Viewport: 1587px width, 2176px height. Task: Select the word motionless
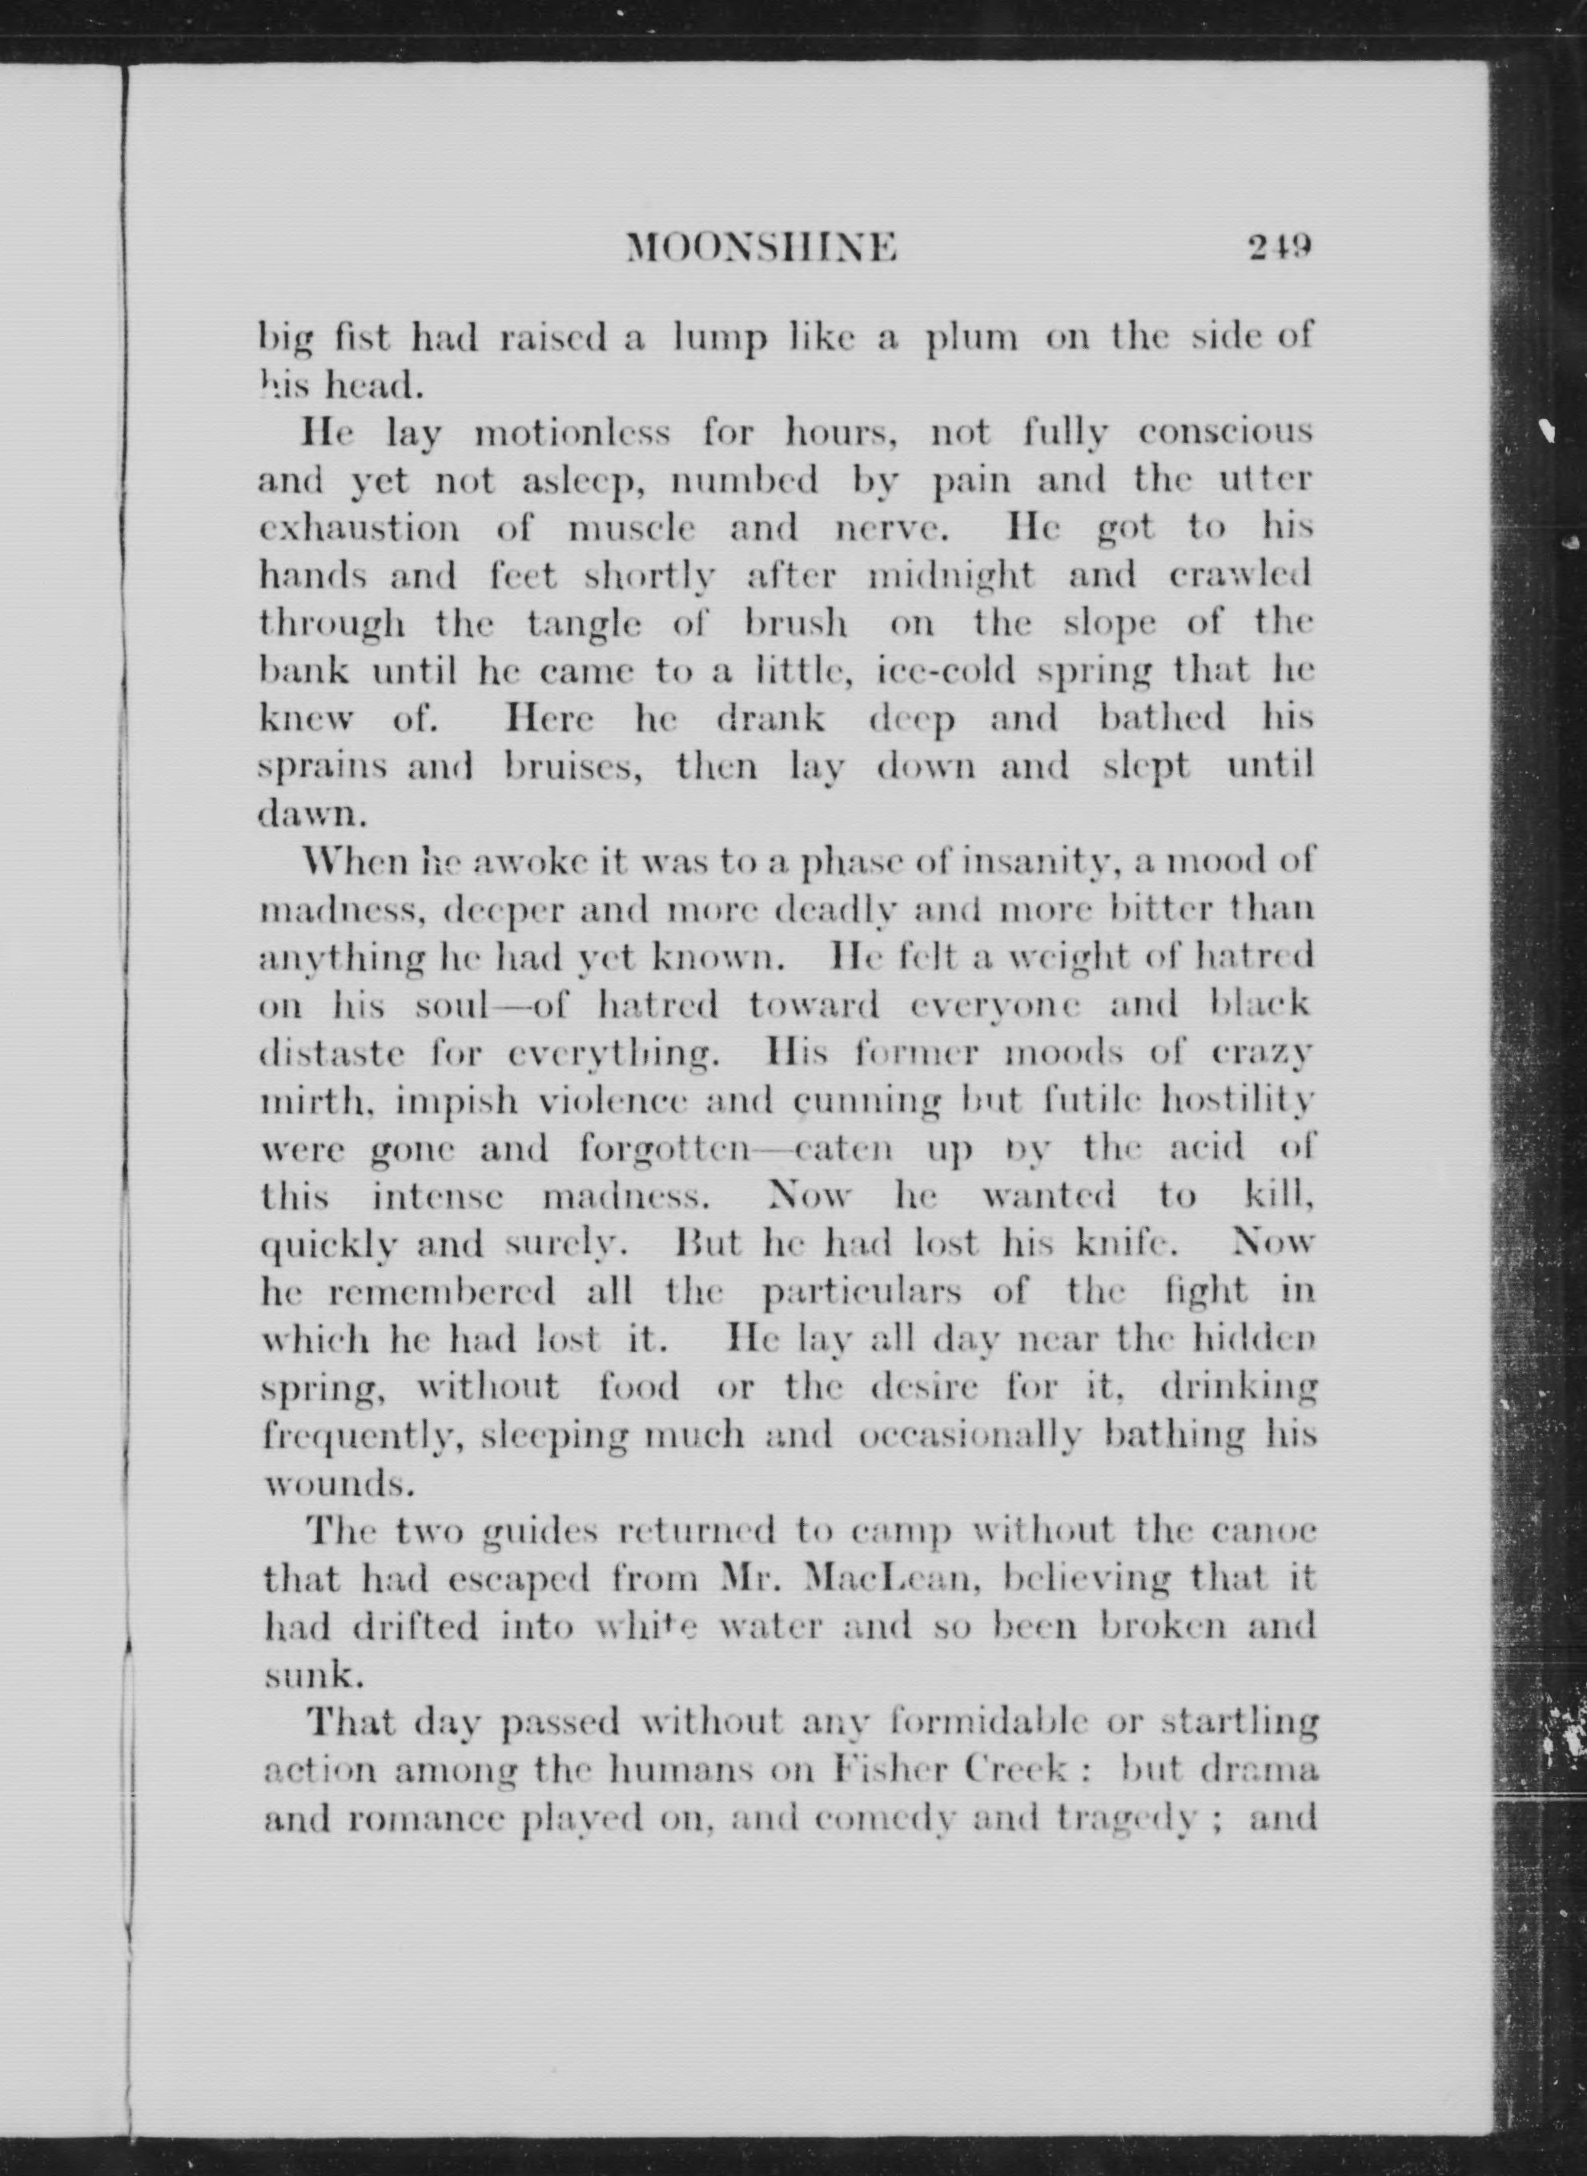pos(573,434)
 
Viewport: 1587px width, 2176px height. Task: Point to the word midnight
pos(950,577)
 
